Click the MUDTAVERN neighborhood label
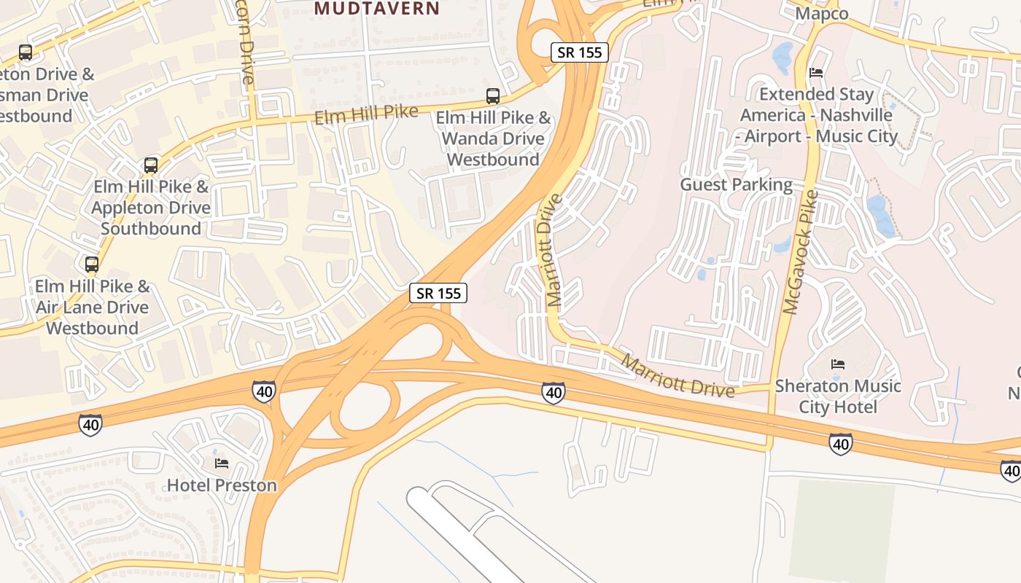click(377, 9)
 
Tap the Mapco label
click(822, 14)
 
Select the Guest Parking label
click(736, 184)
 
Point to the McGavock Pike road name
click(801, 252)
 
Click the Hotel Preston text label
click(222, 485)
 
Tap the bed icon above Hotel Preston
click(222, 463)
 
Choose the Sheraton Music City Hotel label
click(838, 396)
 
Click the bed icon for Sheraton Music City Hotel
click(838, 364)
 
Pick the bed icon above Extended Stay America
click(816, 73)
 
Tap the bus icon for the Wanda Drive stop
click(493, 95)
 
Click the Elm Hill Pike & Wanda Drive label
click(493, 138)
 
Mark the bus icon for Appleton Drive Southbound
click(151, 165)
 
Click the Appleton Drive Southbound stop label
click(151, 208)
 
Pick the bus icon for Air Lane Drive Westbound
click(92, 265)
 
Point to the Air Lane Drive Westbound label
click(92, 307)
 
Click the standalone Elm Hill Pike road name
click(366, 114)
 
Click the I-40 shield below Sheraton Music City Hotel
click(840, 443)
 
